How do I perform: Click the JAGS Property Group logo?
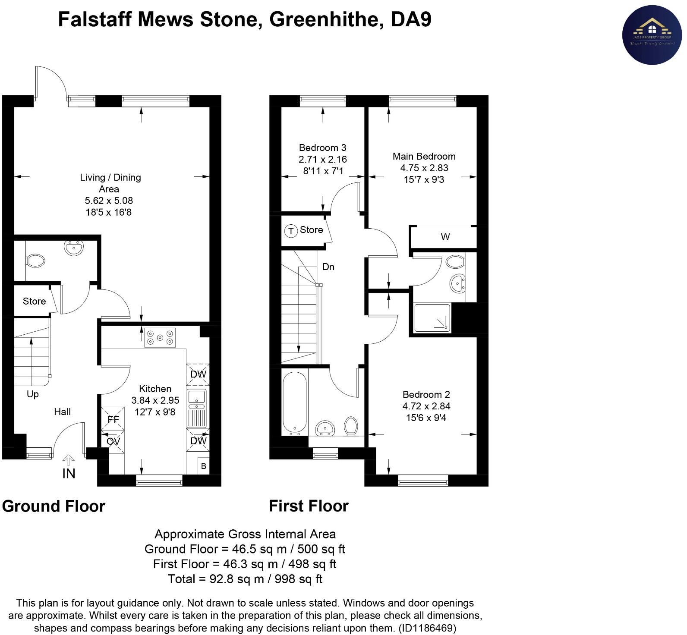pos(652,35)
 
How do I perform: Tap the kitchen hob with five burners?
pos(160,337)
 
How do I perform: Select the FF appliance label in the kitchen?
pos(113,419)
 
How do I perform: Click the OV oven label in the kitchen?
pos(113,441)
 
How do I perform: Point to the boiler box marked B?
pos(203,466)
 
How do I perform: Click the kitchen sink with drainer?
pos(197,408)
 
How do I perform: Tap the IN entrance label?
pos(69,473)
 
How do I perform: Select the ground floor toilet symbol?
pos(35,261)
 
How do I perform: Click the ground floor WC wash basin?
pos(74,248)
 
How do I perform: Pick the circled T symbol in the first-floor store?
pos(291,231)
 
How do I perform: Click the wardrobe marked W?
pos(444,237)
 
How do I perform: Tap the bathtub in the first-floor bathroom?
pos(295,403)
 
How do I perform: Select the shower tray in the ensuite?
pos(432,318)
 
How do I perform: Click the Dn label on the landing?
pos(328,267)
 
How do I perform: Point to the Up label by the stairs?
pos(33,394)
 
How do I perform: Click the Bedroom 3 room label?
pos(322,148)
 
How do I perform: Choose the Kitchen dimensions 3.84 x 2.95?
pos(155,400)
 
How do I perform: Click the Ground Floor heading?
pos(54,506)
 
